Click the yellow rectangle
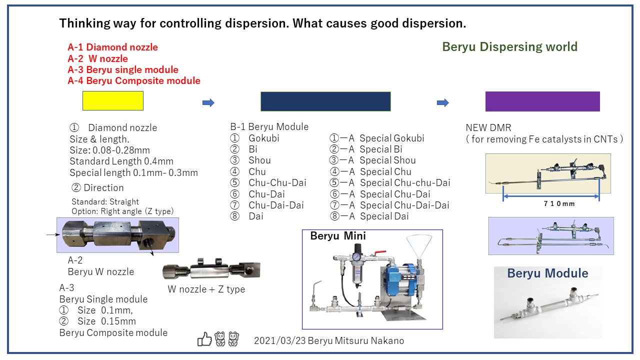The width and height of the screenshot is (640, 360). (x=113, y=100)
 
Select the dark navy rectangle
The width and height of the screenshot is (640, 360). (x=325, y=101)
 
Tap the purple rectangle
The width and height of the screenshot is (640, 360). (x=542, y=101)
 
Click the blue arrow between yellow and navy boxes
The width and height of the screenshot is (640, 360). (x=208, y=102)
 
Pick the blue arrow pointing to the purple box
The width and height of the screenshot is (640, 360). (x=442, y=102)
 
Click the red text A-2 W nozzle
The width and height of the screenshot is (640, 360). (x=98, y=59)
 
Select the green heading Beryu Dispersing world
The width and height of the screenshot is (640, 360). (x=509, y=47)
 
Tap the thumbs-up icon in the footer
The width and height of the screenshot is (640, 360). (x=204, y=340)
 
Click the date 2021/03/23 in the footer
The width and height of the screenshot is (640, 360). (x=276, y=341)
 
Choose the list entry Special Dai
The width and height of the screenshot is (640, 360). (x=384, y=216)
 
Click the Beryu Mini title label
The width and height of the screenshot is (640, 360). (x=338, y=236)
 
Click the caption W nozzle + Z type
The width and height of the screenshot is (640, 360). (x=206, y=289)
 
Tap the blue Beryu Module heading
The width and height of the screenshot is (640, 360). (x=547, y=273)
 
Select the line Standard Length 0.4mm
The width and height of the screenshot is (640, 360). (x=121, y=161)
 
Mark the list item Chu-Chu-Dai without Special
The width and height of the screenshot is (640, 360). (x=277, y=182)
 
